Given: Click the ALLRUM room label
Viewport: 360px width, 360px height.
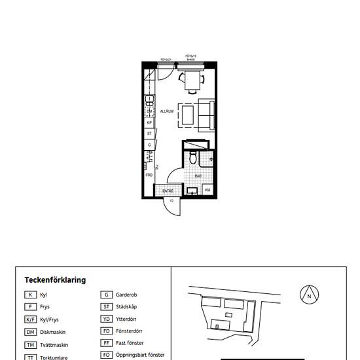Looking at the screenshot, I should click(166, 112).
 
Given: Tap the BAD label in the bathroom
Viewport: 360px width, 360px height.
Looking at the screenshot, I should click(198, 176).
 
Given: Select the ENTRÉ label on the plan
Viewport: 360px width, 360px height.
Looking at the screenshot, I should click(168, 190).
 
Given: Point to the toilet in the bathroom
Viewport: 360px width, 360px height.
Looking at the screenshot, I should click(193, 159).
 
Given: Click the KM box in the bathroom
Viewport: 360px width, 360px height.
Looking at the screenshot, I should click(207, 190).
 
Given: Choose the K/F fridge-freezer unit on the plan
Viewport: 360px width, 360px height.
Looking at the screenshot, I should click(149, 122).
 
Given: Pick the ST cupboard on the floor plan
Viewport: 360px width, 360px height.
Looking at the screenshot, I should click(149, 134).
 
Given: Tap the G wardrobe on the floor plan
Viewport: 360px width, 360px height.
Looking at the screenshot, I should click(149, 145).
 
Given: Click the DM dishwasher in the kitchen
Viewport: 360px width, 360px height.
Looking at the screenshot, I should click(149, 112).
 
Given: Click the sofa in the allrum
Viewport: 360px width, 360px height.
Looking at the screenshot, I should click(207, 115).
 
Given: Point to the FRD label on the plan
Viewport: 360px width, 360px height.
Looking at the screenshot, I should click(149, 175).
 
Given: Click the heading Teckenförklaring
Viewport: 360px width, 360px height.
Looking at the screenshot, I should click(55, 279).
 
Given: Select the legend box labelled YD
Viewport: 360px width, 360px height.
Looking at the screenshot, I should click(105, 319).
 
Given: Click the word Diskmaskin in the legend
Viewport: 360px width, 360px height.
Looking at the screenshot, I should click(53, 331).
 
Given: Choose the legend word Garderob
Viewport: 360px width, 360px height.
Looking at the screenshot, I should click(127, 295).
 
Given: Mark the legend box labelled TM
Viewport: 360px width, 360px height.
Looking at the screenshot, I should click(30, 344).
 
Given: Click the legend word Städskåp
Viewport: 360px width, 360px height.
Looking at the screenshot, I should click(127, 306).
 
